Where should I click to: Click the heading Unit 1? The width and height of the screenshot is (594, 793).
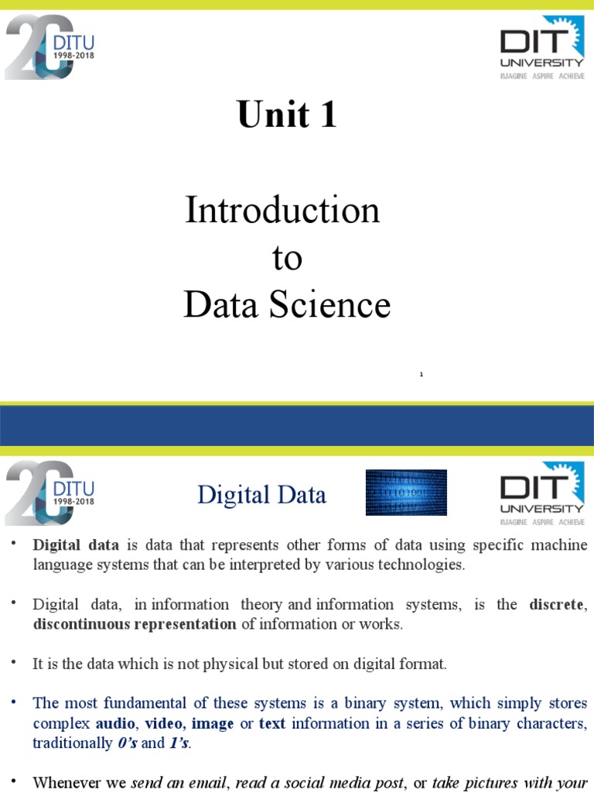point(287,115)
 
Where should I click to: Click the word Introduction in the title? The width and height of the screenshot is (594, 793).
point(282,211)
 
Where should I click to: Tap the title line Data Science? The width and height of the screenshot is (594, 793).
point(287,305)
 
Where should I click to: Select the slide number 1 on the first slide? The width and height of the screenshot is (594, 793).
point(422,375)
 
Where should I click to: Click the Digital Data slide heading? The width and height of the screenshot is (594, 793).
point(261,495)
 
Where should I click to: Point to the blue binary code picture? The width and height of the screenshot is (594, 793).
point(406,493)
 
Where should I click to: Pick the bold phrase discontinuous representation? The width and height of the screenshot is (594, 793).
point(135,624)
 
